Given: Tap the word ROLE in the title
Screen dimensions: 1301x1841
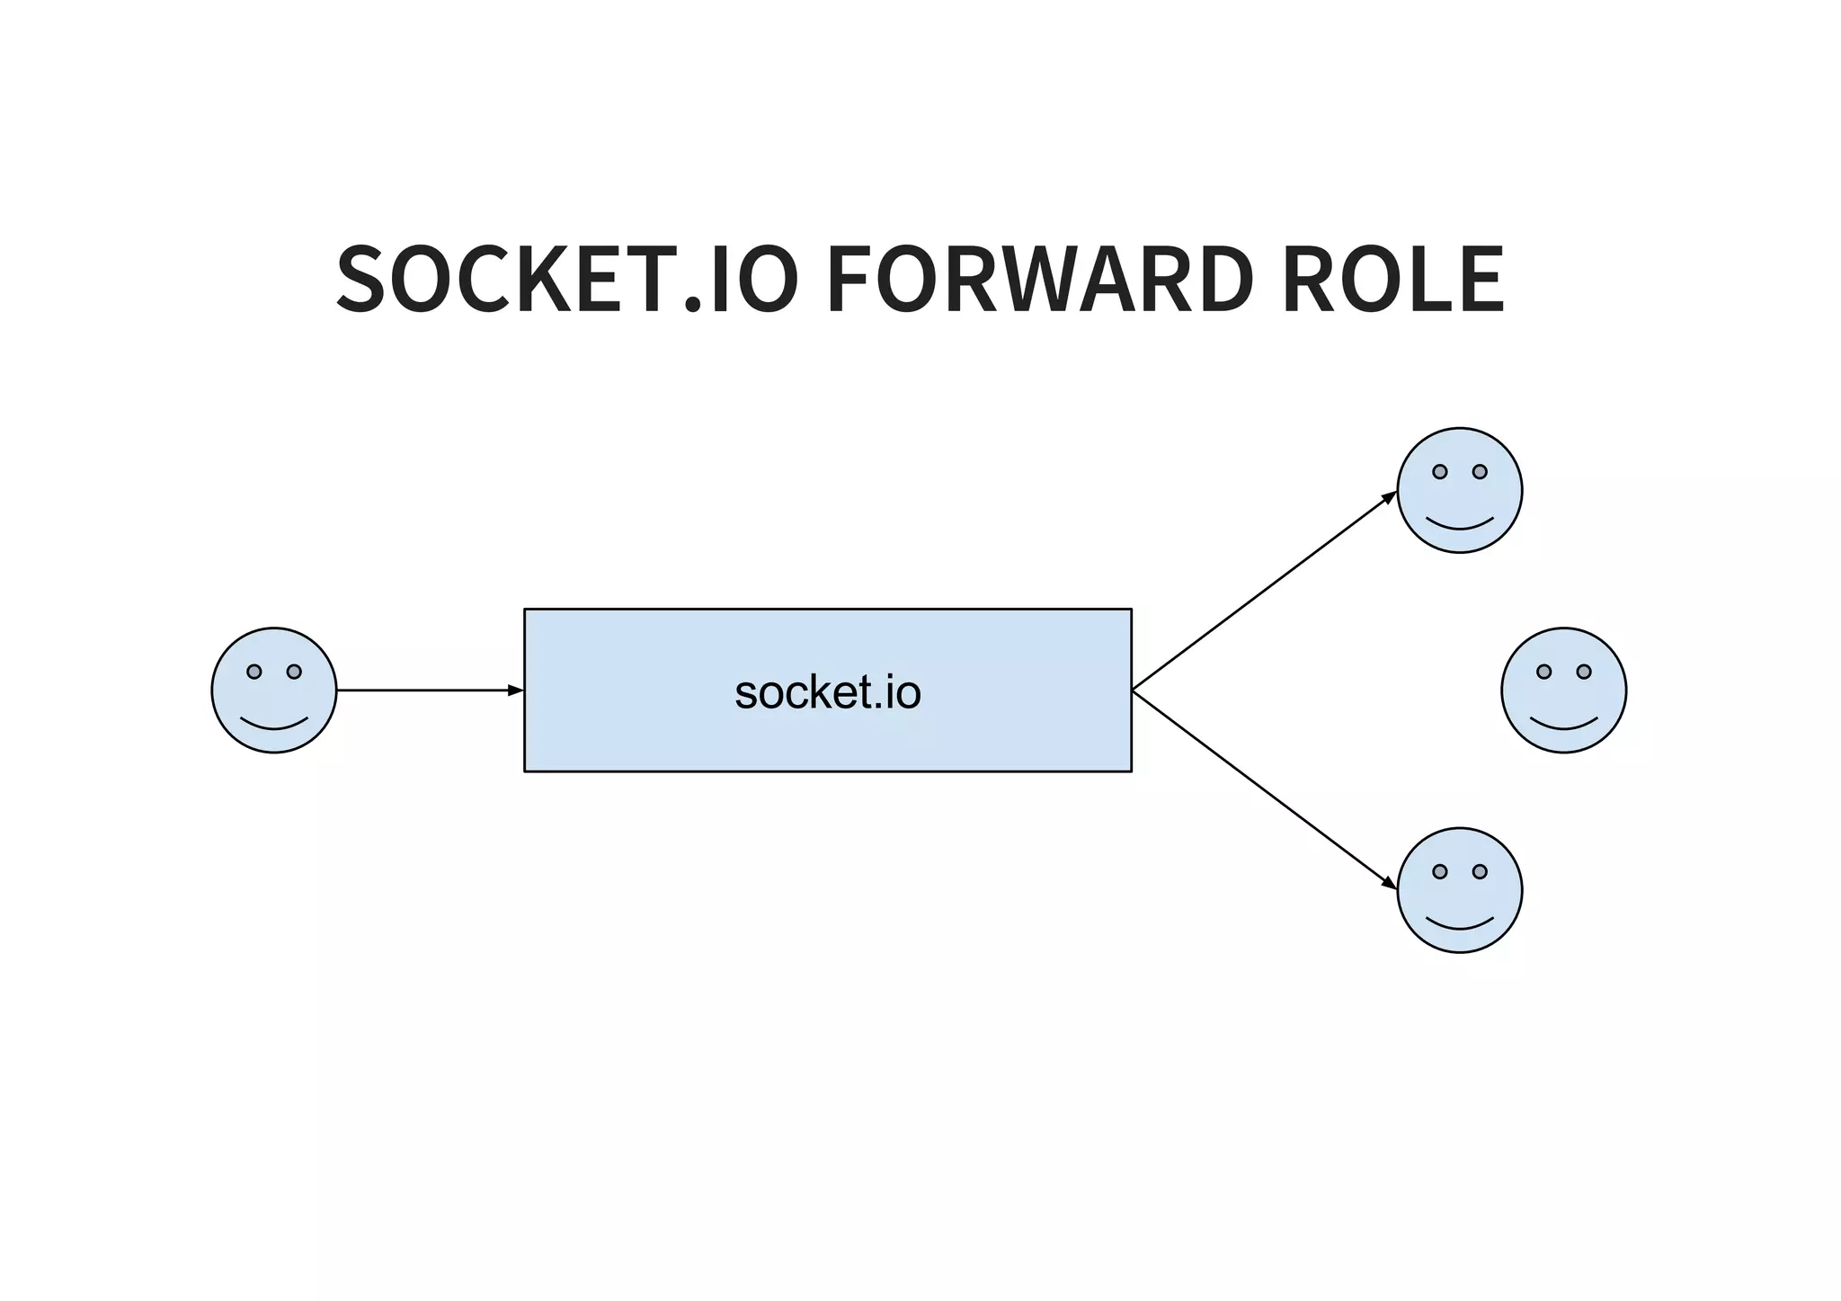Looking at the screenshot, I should pos(1393,280).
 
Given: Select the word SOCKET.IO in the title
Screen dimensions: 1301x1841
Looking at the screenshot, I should pos(566,280).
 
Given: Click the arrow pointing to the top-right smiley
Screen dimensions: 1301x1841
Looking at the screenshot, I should pos(1263,592).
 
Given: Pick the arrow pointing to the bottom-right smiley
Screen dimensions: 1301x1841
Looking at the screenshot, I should pos(1263,789).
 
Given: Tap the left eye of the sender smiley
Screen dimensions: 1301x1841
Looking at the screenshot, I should pos(254,672).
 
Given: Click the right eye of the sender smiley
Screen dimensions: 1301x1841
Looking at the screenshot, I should pos(294,672).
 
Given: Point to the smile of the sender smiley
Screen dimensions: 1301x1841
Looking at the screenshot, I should pos(274,725).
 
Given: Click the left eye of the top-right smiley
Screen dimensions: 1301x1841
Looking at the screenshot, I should pos(1440,472).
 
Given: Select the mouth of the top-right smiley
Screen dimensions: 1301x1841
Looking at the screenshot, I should pos(1460,525).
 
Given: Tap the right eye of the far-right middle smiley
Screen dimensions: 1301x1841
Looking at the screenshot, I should pos(1584,672).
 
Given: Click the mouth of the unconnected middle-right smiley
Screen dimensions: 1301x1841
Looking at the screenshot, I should pos(1564,725).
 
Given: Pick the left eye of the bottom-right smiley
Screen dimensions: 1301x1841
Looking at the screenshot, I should pos(1440,871).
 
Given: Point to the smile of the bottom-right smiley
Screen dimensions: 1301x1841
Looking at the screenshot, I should pos(1460,924).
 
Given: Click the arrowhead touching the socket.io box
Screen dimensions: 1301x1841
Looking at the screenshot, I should pos(516,691).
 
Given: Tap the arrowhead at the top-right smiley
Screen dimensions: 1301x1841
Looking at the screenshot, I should pos(1390,497).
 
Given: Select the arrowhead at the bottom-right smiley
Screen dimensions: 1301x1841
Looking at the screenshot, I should pos(1390,885).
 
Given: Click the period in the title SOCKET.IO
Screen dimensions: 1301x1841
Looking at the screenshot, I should pos(692,306).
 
